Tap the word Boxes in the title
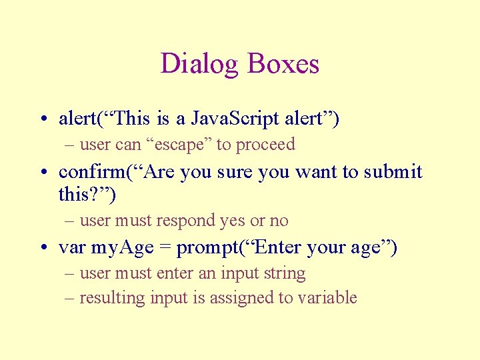[x=283, y=65]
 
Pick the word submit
[x=393, y=172]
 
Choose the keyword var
[x=72, y=248]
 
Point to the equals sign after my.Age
[x=164, y=248]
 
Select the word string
[x=287, y=273]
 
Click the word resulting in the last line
[x=112, y=298]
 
